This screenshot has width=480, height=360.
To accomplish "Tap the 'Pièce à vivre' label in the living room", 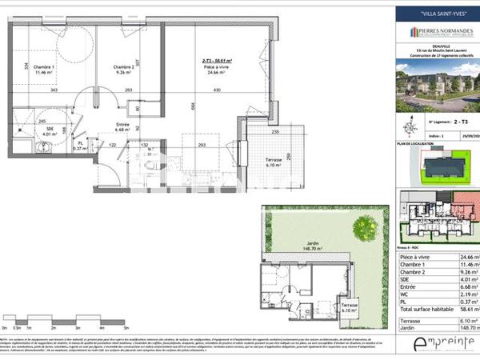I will click(213, 67).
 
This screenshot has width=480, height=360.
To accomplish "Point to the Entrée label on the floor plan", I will click(122, 125).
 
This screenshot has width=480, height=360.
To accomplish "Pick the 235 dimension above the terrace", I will click(274, 131).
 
